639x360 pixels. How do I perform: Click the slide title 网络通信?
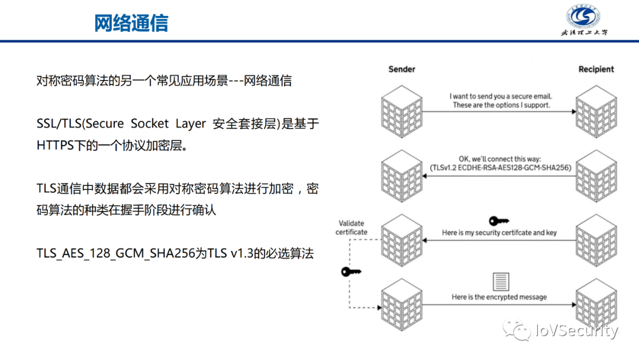pos(131,22)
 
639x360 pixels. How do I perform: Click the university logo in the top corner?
pos(585,20)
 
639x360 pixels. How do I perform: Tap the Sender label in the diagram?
pos(402,69)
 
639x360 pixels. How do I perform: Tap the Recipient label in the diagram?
pos(596,69)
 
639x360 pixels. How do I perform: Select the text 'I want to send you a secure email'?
pos(501,96)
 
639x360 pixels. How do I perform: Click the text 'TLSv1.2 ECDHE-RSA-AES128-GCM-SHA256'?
pos(501,168)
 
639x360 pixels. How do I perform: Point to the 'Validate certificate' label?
pos(351,228)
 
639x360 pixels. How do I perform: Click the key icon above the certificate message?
pos(499,221)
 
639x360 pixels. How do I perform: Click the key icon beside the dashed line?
pos(351,272)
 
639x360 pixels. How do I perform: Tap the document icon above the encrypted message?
pos(499,281)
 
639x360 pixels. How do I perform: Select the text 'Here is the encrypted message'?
pos(499,297)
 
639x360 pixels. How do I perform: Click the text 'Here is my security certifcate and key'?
pos(499,233)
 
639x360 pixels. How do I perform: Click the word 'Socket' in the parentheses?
pos(150,124)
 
